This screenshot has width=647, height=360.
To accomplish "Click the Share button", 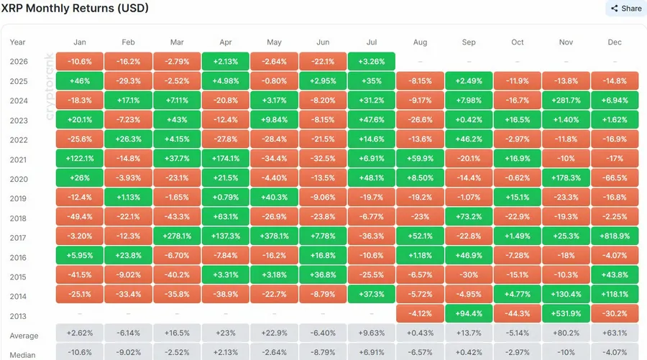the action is tap(626, 8).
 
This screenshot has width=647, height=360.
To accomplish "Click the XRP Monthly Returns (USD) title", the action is tap(75, 8).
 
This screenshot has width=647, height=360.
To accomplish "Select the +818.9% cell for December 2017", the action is tap(615, 236).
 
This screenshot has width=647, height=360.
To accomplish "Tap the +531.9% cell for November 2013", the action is tap(566, 313).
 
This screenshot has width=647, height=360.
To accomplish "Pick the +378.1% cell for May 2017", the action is tap(274, 236).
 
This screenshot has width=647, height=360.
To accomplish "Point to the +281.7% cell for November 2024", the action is tap(566, 100).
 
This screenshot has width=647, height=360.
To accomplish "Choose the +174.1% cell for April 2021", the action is tap(225, 158).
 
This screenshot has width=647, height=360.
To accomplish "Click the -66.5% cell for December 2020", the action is tap(615, 177).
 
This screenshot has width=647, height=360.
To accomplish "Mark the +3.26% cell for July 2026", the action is tap(372, 62).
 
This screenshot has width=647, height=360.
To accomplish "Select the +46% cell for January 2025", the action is tap(80, 80).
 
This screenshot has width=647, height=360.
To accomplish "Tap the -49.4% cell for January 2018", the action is tap(80, 216).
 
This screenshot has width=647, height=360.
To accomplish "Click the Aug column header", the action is tap(420, 42).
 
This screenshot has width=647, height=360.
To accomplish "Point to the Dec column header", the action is tap(615, 42).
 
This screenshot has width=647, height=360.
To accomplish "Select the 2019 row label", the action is tap(19, 198).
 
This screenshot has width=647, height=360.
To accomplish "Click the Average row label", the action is tap(24, 336).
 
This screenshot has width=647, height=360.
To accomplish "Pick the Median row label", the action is tap(22, 355).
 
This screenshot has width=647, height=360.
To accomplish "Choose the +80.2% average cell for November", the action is tap(566, 333).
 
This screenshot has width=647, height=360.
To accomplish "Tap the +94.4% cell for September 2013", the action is tap(469, 313).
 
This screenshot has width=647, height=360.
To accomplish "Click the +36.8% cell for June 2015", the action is tap(323, 274).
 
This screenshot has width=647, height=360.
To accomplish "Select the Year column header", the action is tap(17, 42).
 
